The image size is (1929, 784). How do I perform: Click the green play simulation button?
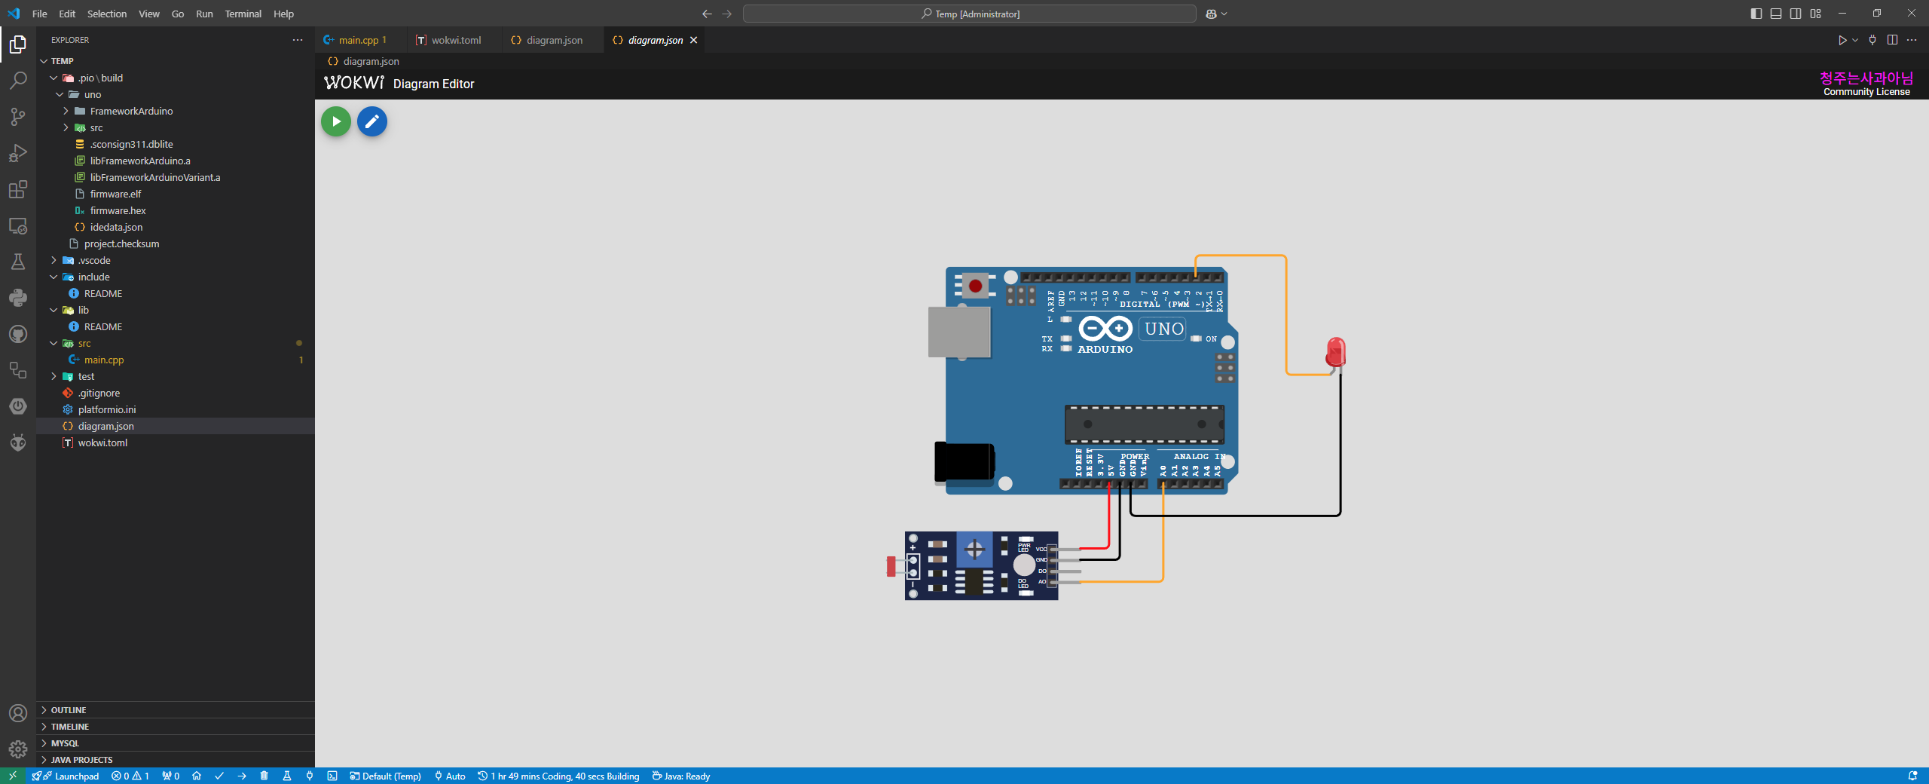coord(336,121)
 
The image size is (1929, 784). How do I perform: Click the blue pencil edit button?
coord(371,121)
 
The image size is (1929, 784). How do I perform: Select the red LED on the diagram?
coord(1335,352)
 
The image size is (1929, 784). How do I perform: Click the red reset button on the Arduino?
coord(975,286)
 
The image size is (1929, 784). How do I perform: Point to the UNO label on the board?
coord(1163,329)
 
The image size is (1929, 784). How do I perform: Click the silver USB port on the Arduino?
coord(958,332)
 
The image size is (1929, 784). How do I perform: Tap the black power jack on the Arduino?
coord(964,461)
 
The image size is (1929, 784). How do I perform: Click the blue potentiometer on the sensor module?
coord(974,550)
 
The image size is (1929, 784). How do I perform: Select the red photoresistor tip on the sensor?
coord(891,566)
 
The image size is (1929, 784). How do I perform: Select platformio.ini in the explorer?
coord(107,409)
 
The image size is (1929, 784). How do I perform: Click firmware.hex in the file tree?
coord(118,210)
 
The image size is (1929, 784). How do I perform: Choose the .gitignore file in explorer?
coord(99,393)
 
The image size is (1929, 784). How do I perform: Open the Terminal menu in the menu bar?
coord(243,14)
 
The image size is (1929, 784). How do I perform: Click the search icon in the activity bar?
coord(18,80)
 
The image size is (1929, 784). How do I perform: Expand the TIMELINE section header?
coord(70,727)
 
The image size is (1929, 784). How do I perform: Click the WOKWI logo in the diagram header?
coord(353,83)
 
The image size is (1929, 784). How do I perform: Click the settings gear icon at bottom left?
coord(18,749)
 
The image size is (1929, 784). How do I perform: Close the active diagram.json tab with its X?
coord(694,40)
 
